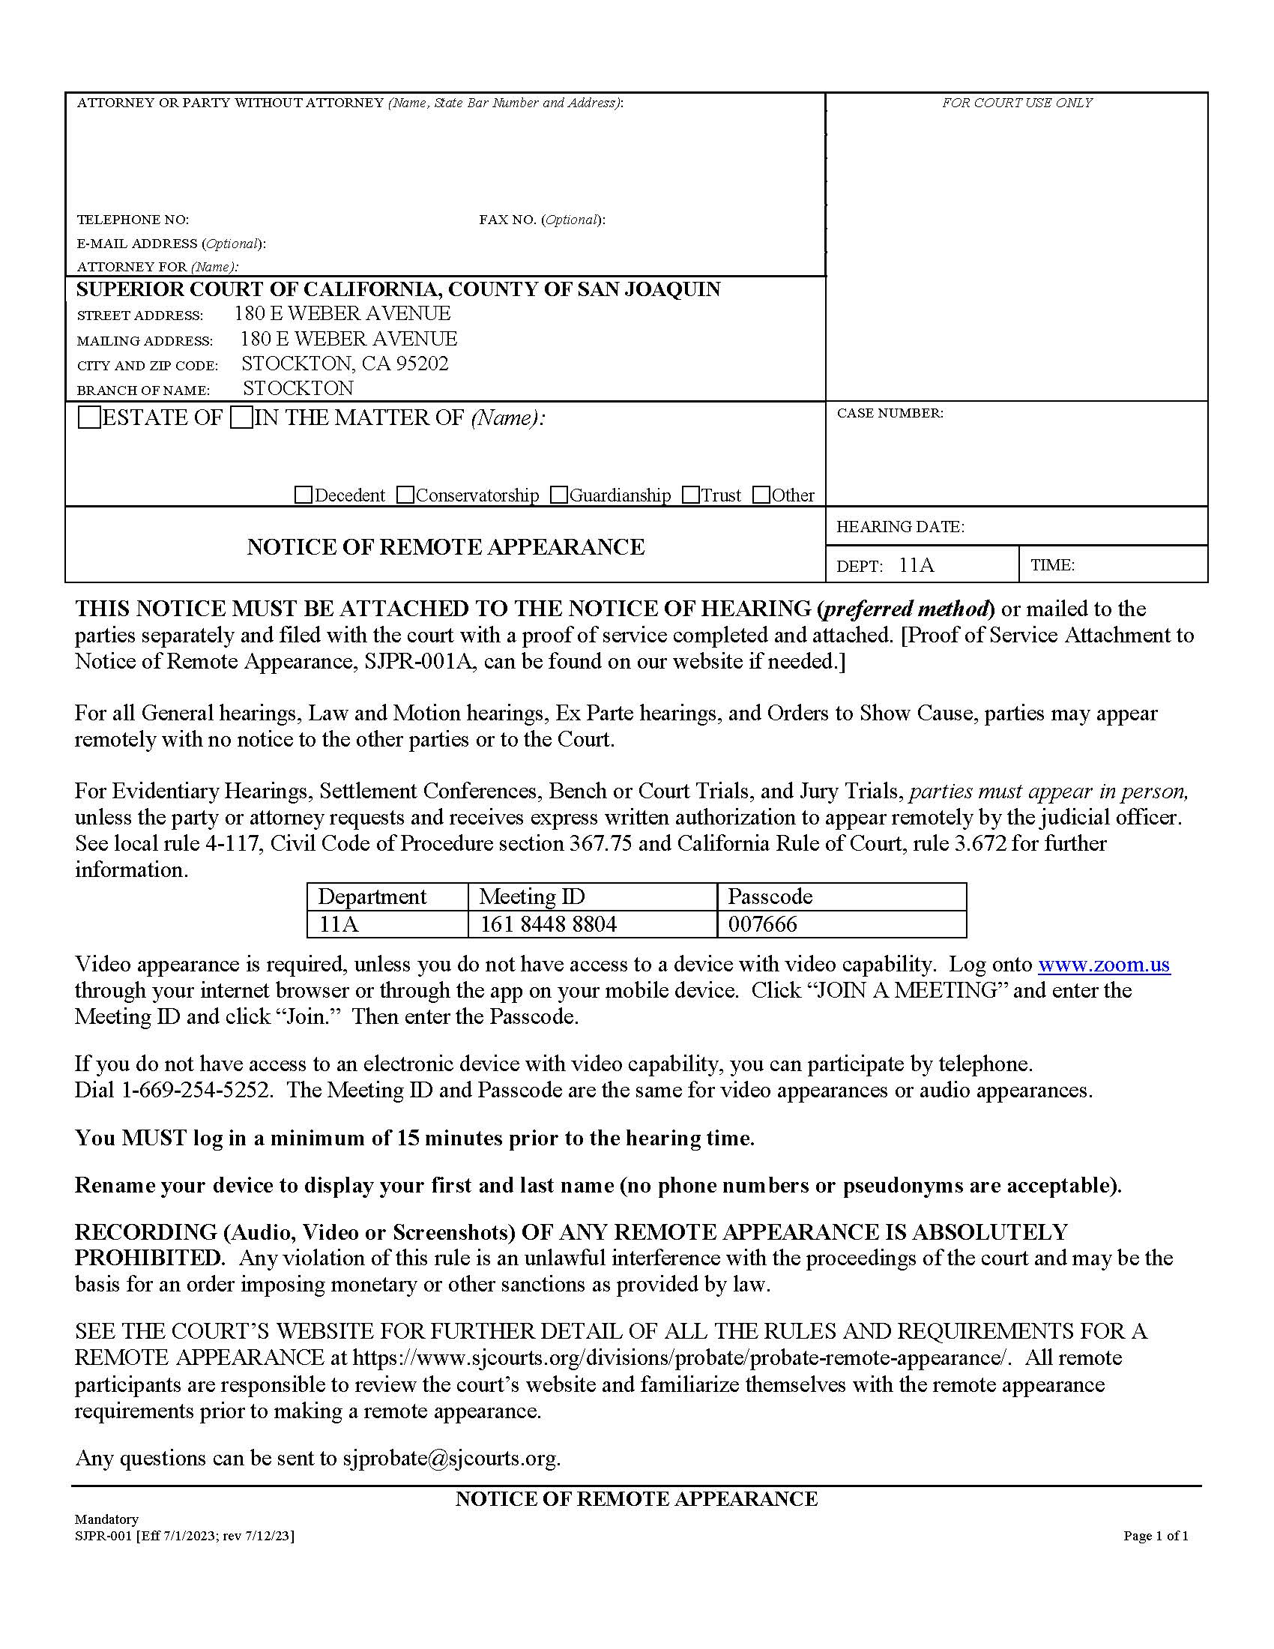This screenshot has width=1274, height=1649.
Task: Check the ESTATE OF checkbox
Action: (90, 417)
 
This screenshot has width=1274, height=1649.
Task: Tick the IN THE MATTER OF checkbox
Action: (241, 417)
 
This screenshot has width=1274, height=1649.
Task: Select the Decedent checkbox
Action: (304, 495)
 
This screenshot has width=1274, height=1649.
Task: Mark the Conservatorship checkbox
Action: (405, 495)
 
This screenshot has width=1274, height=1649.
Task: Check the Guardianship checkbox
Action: (558, 495)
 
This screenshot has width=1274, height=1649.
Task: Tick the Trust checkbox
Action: (691, 495)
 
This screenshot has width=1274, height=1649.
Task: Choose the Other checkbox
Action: (761, 495)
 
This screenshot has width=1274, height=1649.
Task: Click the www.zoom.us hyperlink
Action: (1103, 964)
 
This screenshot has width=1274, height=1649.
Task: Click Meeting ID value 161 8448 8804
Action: (548, 924)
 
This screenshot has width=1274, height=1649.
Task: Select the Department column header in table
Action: (372, 896)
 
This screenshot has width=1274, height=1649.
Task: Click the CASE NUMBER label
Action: (890, 414)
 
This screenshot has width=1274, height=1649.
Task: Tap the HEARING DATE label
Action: (899, 527)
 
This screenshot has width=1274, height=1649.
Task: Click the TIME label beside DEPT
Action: (1052, 565)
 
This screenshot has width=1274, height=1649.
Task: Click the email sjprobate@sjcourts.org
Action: (450, 1458)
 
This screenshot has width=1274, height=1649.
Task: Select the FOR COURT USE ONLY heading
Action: (1016, 103)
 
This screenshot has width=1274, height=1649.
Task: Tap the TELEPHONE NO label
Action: (133, 220)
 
